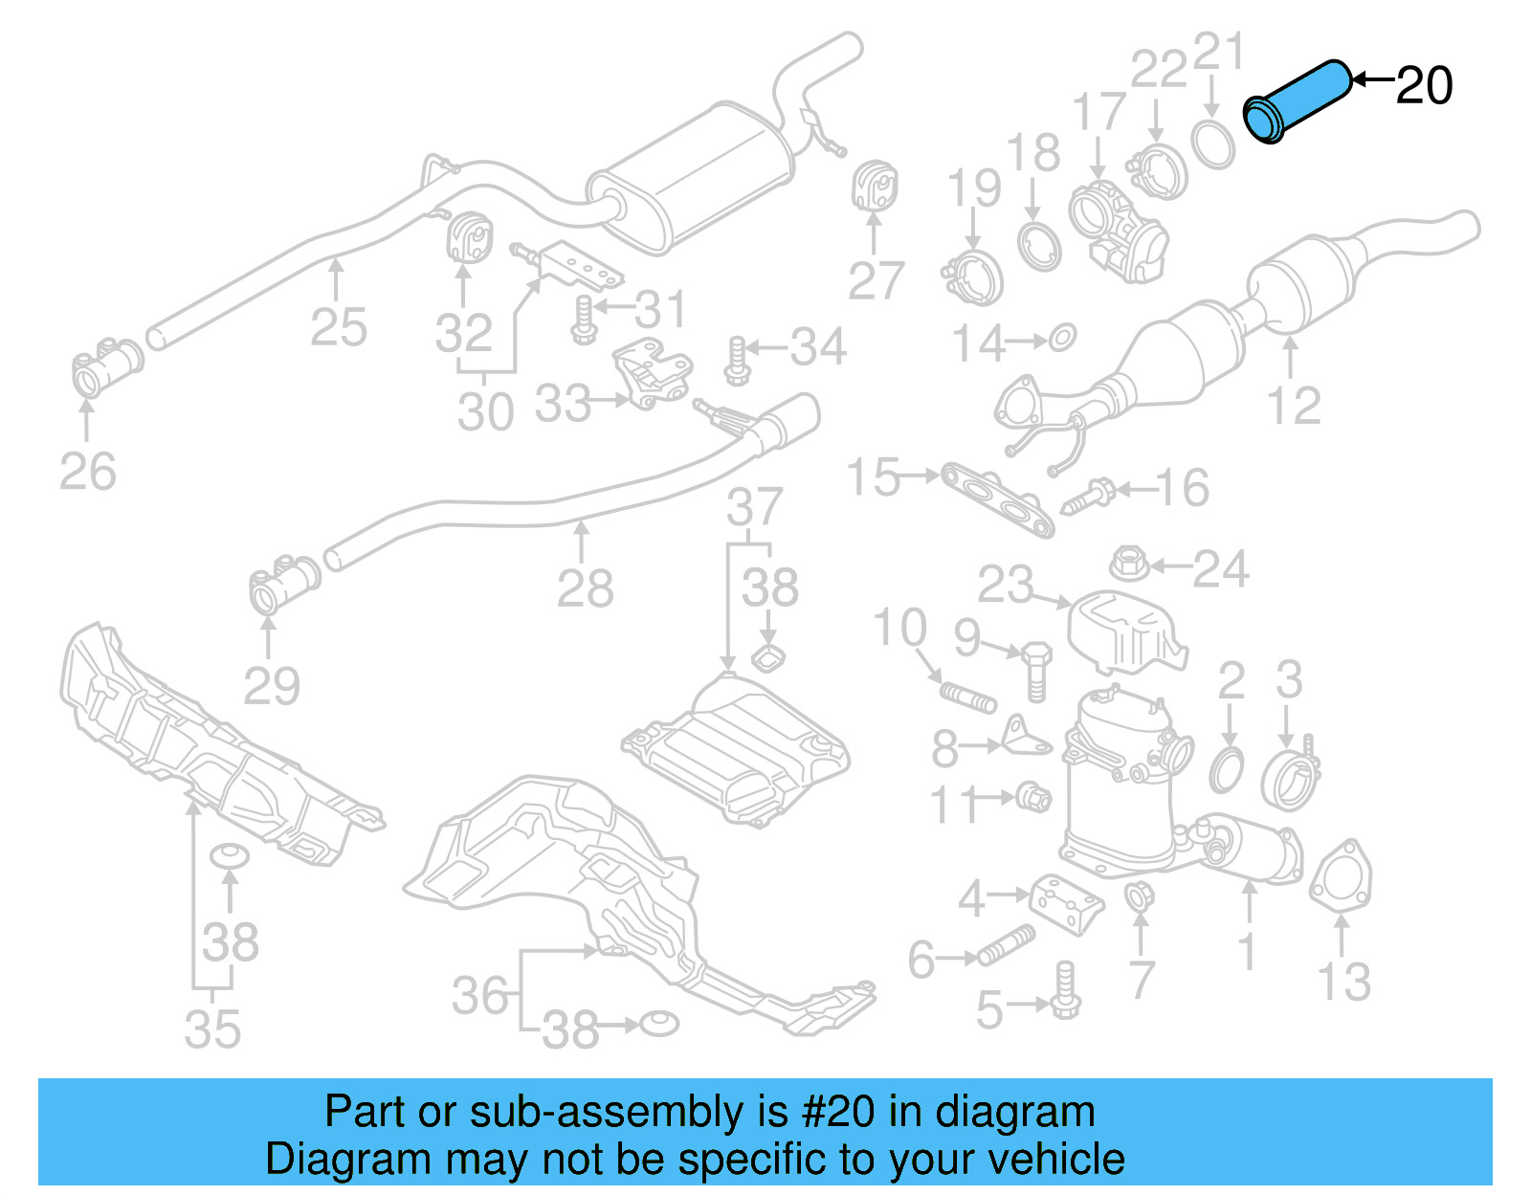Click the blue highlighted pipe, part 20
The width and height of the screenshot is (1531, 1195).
pos(1298,100)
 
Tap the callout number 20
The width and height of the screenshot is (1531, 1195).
pos(1424,86)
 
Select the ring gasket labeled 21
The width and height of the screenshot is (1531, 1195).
pos(1213,143)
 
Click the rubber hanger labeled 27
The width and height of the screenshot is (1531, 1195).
pos(874,187)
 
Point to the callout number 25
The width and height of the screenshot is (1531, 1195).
pos(339,327)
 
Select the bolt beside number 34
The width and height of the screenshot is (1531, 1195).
pos(736,361)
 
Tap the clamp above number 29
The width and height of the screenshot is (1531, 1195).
pos(283,583)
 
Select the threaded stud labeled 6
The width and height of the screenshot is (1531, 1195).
pos(1005,945)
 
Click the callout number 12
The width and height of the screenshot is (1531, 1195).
pos(1294,406)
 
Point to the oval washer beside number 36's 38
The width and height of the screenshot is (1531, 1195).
pos(658,1023)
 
